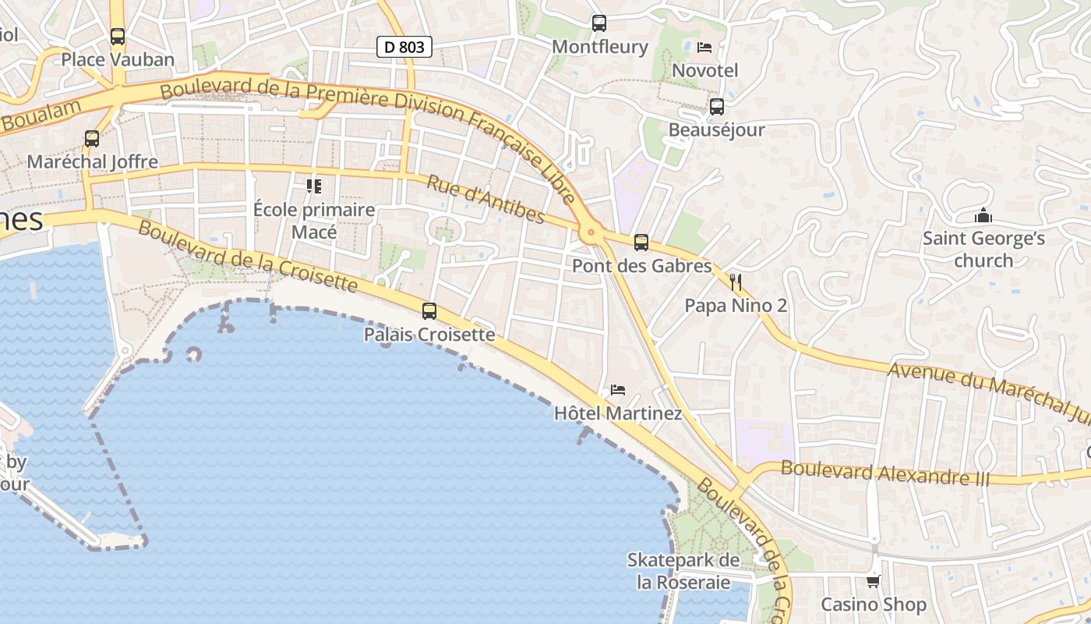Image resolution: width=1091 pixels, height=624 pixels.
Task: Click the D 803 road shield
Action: coord(404,47)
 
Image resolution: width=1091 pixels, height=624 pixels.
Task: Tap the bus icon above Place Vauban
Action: coord(118,36)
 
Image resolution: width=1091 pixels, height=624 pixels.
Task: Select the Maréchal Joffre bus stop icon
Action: coord(92,139)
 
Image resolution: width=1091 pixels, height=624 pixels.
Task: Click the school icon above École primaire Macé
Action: coord(314,186)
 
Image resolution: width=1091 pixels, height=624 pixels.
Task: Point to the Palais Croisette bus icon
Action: coord(429,311)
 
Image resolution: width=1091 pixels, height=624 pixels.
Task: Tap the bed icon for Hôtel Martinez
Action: coord(618,389)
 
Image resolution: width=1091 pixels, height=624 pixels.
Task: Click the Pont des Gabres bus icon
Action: coord(641,243)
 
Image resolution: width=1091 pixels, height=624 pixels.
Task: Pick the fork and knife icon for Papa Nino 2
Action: coord(735,282)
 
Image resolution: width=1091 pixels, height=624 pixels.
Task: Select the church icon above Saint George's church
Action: coord(983,214)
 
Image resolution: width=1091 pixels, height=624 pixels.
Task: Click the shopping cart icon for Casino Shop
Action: coord(874,581)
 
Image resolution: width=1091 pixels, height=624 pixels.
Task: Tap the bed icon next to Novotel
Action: coord(704,47)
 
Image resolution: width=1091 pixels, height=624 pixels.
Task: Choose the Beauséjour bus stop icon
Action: coord(717,106)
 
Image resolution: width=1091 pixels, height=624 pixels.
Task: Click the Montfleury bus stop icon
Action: coord(599,23)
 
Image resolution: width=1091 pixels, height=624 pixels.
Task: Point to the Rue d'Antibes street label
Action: coord(485,200)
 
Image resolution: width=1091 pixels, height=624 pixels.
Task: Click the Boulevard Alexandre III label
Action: coord(884,473)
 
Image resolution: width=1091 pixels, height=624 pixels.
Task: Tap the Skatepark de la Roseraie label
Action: coord(683,571)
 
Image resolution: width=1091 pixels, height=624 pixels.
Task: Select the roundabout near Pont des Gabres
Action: coord(590,232)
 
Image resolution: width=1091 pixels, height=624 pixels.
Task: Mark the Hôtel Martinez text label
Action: coord(618,413)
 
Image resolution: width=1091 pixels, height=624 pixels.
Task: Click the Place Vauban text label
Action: coord(118,59)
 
